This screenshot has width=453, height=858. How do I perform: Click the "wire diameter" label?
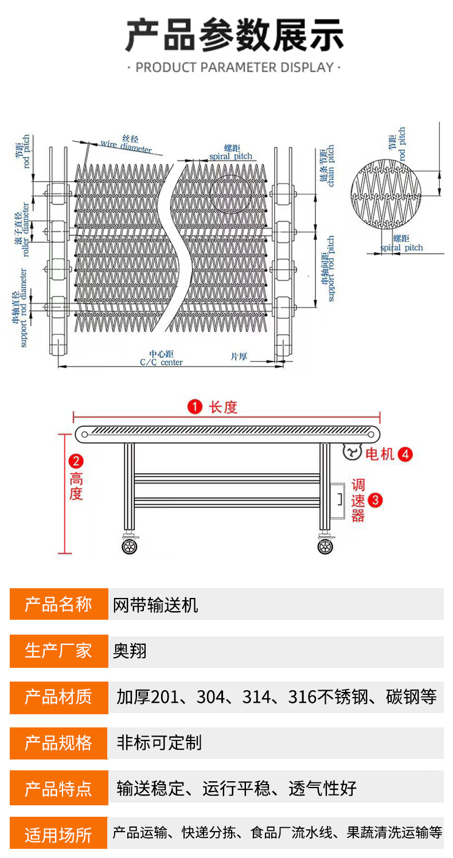[126, 145]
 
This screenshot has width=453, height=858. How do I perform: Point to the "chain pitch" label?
[327, 166]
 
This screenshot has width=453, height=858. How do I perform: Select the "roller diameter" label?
[21, 234]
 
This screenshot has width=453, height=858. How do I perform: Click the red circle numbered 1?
[195, 407]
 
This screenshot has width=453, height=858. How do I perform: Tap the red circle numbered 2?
[76, 461]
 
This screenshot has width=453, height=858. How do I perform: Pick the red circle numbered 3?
[375, 500]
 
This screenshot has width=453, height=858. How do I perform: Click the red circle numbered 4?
[405, 454]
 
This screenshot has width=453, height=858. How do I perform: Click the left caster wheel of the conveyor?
[130, 546]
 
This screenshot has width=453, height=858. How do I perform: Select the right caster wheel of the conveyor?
[326, 546]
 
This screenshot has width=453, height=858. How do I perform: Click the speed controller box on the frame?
[338, 501]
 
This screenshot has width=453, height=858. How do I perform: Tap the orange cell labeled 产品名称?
[58, 604]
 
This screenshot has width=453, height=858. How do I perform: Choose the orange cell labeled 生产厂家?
[58, 651]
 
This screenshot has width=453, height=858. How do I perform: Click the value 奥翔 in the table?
[130, 651]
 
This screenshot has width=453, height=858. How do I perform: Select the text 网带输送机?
[156, 605]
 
